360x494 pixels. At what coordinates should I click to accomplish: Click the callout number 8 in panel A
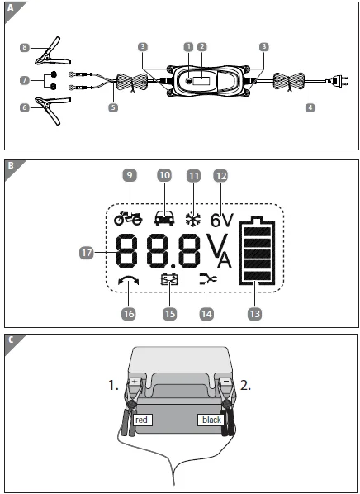coord(26,49)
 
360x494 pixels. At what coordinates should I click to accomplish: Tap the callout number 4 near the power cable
coord(309,107)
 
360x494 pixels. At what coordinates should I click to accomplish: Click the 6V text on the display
coord(224,221)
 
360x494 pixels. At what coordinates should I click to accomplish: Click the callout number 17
coord(86,254)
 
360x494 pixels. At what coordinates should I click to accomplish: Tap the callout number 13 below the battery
coord(257,313)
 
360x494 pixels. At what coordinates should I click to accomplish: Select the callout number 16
coord(128,313)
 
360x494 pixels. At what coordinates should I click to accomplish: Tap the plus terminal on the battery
coord(135,382)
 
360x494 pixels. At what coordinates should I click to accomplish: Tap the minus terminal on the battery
coord(225,382)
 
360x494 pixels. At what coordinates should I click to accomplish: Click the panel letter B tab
coord(11,165)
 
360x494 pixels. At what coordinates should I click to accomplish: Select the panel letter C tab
coord(11,340)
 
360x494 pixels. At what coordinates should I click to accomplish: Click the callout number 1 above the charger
coord(188,47)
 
